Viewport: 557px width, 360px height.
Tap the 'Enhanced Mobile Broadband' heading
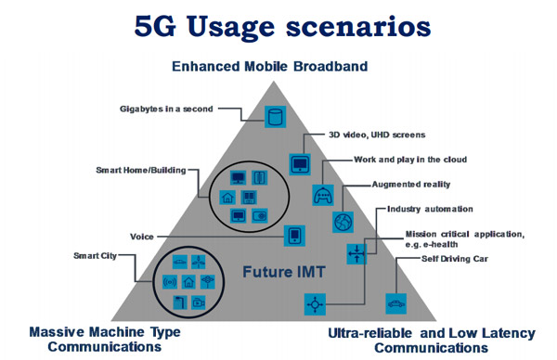(x=269, y=67)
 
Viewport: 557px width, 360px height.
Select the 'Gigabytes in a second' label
(x=166, y=109)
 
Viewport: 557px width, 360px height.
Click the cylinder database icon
(x=276, y=117)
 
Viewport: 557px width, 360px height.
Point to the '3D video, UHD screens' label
(x=377, y=135)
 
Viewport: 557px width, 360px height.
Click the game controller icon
(x=323, y=195)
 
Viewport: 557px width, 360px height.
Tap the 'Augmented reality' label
(x=411, y=185)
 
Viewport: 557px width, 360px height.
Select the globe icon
(x=343, y=223)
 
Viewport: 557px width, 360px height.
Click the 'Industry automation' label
(x=430, y=209)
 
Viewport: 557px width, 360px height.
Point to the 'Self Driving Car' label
(x=455, y=259)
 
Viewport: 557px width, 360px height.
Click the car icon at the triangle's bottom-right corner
(x=396, y=304)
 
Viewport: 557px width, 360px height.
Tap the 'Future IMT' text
(x=284, y=272)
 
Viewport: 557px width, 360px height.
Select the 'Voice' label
(x=142, y=237)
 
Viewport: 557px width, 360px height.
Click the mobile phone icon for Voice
(x=294, y=236)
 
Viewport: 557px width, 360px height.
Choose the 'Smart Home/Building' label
(x=141, y=171)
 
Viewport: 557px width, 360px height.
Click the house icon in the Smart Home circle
(x=227, y=197)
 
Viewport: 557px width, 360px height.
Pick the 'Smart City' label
(x=95, y=256)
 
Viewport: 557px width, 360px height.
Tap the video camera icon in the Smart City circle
(x=199, y=302)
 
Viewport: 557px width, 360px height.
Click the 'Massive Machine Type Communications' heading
(x=105, y=340)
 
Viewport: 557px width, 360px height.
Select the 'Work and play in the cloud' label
(x=410, y=160)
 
